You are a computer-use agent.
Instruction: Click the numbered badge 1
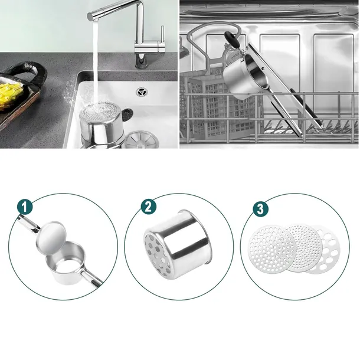[25, 207]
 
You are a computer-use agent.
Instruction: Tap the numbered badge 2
[149, 207]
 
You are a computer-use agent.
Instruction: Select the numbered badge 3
[260, 209]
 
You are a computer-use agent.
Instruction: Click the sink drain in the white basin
[142, 92]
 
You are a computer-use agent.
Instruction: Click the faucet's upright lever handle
[162, 34]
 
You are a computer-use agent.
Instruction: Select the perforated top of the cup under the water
[101, 113]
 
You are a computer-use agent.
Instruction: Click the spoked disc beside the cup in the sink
[142, 139]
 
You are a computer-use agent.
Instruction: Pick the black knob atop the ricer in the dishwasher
[231, 38]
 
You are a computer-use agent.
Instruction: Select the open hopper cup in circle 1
[66, 264]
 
